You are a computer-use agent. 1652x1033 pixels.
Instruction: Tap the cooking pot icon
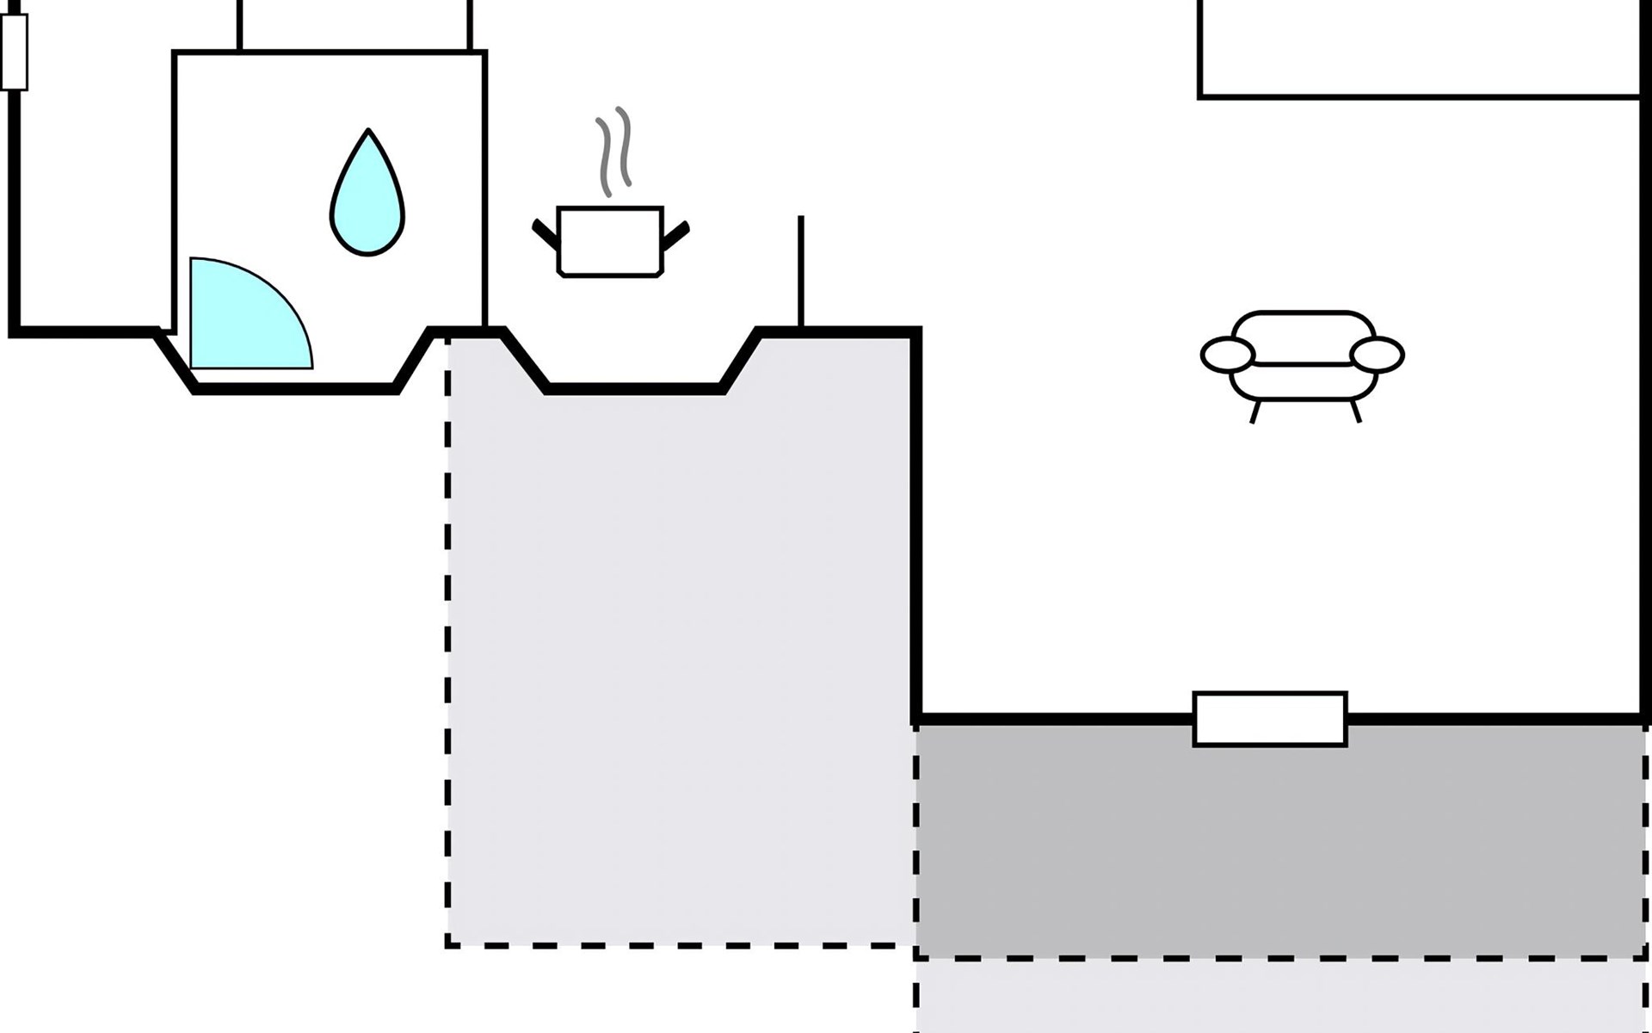611,241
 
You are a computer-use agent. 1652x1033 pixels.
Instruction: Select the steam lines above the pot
614,151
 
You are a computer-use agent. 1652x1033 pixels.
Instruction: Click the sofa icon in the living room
1303,357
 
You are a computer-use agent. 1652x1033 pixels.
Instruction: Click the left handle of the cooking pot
546,233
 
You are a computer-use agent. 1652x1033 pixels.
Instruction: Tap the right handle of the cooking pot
676,233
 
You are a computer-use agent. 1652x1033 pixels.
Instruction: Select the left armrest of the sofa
1228,354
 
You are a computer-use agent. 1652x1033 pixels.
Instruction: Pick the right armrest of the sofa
1378,354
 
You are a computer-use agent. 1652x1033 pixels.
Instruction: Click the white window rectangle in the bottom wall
1270,719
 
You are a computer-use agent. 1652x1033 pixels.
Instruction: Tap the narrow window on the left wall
15,52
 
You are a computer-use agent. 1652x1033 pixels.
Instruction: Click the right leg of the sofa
1356,411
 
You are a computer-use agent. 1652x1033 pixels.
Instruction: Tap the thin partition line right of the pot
801,271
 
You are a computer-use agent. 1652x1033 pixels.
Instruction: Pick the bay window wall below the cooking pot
635,389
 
